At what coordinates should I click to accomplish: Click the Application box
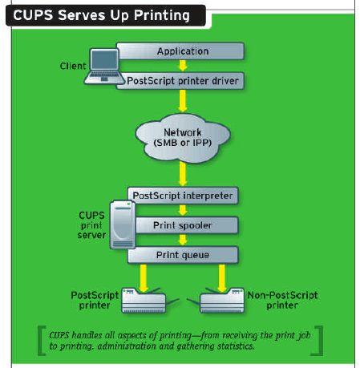point(180,51)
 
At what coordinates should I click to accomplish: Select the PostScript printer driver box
point(180,81)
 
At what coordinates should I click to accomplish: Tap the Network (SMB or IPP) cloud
point(183,138)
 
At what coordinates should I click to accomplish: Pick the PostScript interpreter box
point(183,196)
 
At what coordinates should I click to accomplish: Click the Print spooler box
point(186,225)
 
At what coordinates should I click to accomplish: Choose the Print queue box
point(183,255)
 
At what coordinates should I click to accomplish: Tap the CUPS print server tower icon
point(123,224)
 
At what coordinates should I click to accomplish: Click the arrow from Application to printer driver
point(183,66)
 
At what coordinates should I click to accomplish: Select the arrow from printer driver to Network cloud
point(183,101)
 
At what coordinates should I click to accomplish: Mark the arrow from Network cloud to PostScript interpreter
point(183,174)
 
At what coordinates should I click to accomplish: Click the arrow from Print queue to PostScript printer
point(144,278)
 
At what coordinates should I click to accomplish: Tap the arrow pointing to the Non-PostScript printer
point(222,278)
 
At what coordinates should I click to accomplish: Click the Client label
point(73,66)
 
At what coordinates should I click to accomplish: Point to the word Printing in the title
point(162,15)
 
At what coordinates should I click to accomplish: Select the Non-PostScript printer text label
point(282,300)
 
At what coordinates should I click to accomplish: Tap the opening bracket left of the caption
point(42,341)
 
